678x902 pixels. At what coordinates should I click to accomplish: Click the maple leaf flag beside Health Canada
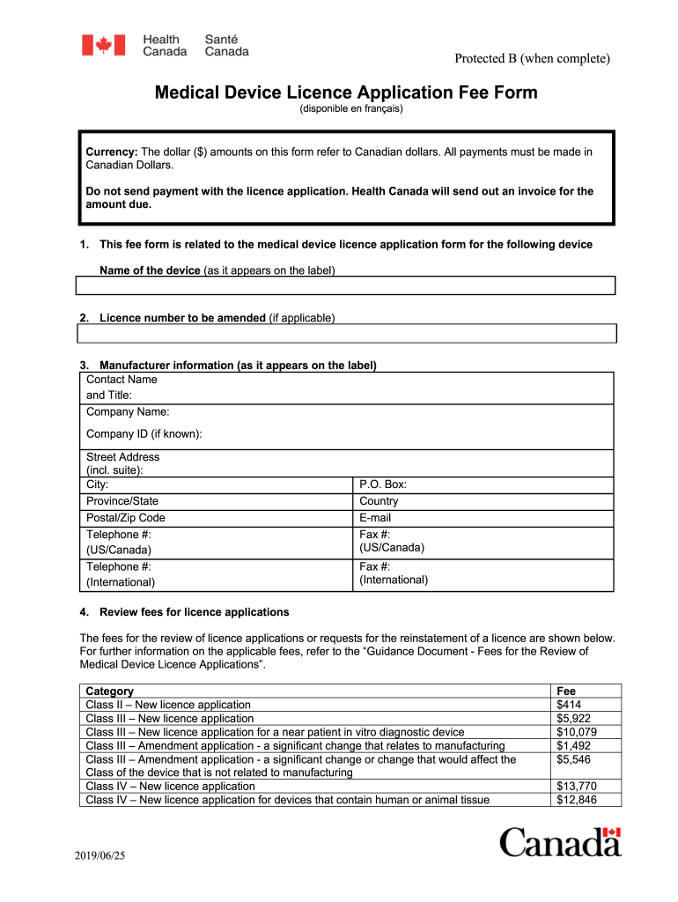[x=103, y=46]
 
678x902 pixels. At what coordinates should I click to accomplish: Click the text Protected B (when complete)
[x=532, y=58]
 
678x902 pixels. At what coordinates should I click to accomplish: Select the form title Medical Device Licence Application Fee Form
[x=346, y=92]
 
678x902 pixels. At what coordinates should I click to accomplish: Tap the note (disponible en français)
[x=346, y=109]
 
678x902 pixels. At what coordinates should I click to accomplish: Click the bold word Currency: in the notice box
[x=112, y=152]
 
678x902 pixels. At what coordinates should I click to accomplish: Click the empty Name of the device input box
[x=345, y=285]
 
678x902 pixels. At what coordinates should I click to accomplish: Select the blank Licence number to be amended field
[x=347, y=333]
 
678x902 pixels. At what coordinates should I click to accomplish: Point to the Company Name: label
[x=129, y=411]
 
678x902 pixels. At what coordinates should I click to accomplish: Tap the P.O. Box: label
[x=383, y=484]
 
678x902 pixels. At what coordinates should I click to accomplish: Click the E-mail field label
[x=375, y=518]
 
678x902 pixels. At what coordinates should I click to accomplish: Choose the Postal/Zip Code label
[x=126, y=518]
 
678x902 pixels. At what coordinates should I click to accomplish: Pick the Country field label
[x=379, y=501]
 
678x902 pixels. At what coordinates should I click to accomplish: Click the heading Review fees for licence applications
[x=195, y=612]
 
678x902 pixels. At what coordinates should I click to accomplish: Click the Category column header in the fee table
[x=110, y=691]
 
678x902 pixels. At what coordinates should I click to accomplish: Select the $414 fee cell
[x=569, y=705]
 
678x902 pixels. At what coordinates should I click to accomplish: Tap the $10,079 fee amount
[x=577, y=732]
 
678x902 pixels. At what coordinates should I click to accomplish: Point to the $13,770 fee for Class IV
[x=577, y=786]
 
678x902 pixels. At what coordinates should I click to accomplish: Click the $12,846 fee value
[x=577, y=800]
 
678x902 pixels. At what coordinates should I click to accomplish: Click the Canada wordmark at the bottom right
[x=560, y=842]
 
